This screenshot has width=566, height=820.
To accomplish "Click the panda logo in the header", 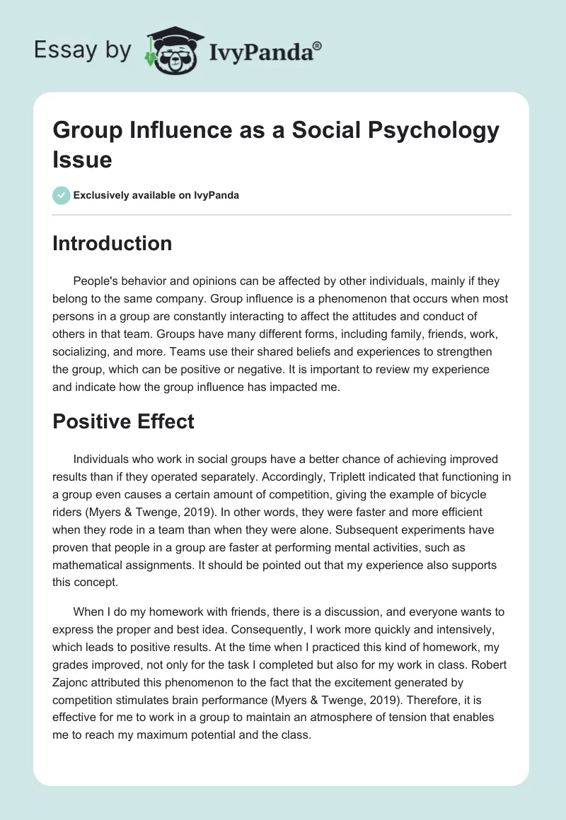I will coord(169,49).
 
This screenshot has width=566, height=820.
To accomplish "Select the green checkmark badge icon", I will coord(62,195).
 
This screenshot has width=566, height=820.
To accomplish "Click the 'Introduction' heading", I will coord(112,243).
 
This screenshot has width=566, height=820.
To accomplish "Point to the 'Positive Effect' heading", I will coord(123,421).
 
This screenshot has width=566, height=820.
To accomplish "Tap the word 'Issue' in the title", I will coord(82,160).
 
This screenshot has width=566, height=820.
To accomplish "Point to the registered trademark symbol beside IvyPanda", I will coord(317,45).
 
